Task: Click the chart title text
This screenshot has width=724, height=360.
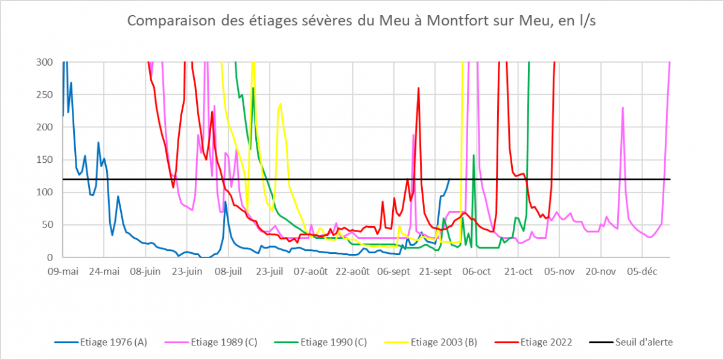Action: [x=361, y=21]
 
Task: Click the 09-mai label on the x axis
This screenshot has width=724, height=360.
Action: [x=63, y=271]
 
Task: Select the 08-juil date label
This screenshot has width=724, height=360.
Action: [x=228, y=271]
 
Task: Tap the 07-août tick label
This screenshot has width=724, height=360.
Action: [x=310, y=271]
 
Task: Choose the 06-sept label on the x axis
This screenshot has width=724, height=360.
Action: [x=393, y=271]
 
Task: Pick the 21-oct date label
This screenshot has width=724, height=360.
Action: [x=517, y=271]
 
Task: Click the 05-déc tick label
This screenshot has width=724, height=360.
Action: [x=641, y=271]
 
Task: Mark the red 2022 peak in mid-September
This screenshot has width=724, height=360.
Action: [x=418, y=88]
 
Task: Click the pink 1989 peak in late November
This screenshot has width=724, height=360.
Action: [x=623, y=108]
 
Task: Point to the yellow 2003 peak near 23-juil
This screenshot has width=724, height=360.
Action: [x=281, y=104]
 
